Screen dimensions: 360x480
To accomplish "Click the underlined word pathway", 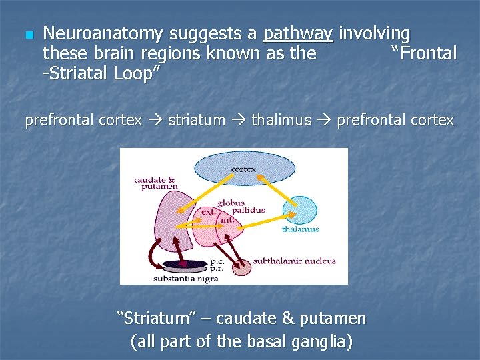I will click(x=297, y=33).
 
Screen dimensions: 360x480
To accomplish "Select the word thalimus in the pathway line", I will click(x=281, y=121).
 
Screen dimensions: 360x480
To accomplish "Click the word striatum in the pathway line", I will click(x=197, y=121).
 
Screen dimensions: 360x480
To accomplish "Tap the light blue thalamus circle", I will click(x=299, y=211).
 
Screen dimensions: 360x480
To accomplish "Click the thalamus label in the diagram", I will click(x=300, y=229).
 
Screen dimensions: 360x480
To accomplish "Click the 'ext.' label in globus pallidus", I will click(x=208, y=211).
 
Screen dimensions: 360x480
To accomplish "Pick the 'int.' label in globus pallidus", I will click(x=227, y=219).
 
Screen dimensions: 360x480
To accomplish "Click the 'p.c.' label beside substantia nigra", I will click(x=217, y=262).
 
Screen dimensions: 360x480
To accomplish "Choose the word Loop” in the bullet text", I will click(x=135, y=73).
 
